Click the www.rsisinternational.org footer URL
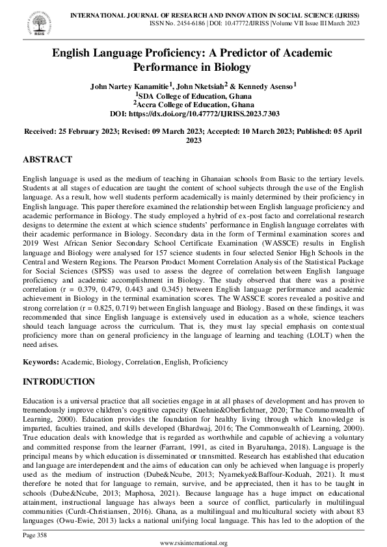(193, 542)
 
